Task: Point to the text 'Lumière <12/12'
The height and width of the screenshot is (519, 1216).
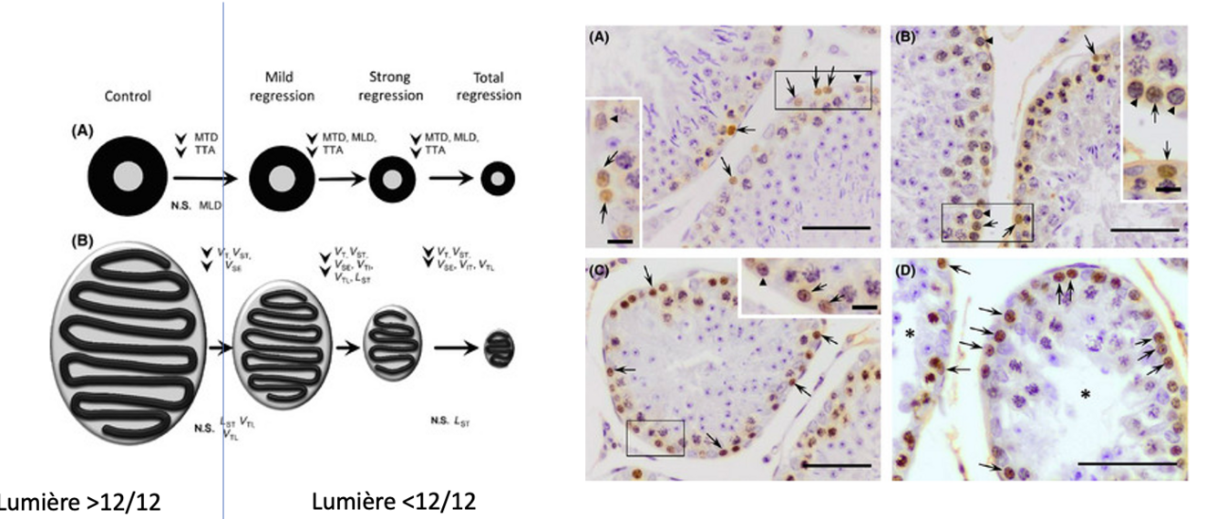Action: (x=393, y=503)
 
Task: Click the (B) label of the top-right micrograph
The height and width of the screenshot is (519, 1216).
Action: (x=905, y=38)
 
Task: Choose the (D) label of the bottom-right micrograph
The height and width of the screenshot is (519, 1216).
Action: (x=906, y=271)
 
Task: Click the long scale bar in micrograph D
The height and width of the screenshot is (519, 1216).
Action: (x=1125, y=463)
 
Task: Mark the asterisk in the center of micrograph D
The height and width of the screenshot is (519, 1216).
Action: (x=1086, y=394)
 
